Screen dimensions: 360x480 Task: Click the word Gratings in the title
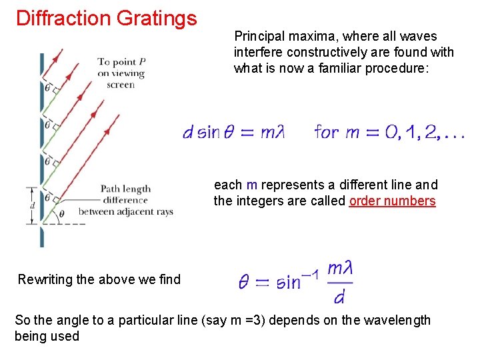[x=157, y=18]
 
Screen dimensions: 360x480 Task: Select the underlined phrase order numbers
[x=392, y=201]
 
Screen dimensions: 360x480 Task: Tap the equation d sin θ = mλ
[x=233, y=132]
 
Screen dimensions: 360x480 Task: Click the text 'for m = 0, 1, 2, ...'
[x=389, y=132]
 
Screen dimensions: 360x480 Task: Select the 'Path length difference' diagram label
[x=125, y=194]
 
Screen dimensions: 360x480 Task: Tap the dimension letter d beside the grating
[x=31, y=205]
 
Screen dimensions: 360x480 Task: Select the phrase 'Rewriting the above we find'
[x=99, y=279]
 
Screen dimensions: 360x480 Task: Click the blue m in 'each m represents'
[x=251, y=185]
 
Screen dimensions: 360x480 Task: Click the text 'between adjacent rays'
[x=126, y=211]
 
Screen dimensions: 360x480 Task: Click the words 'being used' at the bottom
[x=47, y=336]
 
